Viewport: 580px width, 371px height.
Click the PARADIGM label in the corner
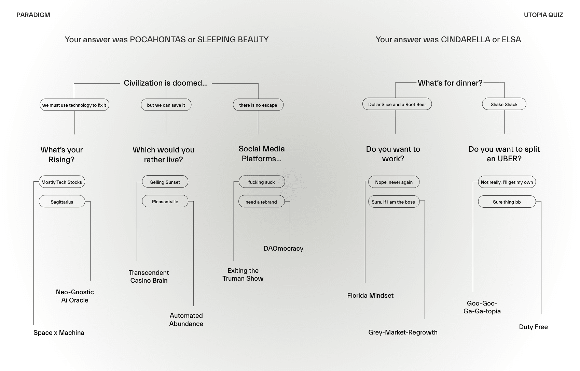(x=33, y=15)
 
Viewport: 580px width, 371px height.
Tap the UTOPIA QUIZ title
(x=543, y=15)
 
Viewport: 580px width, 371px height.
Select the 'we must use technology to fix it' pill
(x=74, y=105)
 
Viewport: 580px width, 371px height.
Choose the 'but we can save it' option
(x=166, y=105)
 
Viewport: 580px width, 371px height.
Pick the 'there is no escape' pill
(x=258, y=105)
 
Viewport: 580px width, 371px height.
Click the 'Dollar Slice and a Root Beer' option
(x=397, y=104)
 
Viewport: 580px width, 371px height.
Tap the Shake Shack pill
(x=504, y=104)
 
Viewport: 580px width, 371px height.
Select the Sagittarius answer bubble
(x=62, y=202)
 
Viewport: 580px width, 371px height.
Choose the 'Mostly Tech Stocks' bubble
(x=61, y=182)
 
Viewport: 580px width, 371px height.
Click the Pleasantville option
(x=165, y=202)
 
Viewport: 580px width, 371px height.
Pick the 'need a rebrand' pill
(x=261, y=202)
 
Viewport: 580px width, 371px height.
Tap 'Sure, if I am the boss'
(x=393, y=202)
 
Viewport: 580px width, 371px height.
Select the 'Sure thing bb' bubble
(x=507, y=202)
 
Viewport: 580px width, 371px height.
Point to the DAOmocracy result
(x=284, y=249)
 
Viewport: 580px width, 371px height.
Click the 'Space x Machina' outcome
(x=59, y=333)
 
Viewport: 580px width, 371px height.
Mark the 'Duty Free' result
(x=533, y=327)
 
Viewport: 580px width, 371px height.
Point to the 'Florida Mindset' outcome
(x=370, y=296)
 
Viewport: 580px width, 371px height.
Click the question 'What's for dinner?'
(x=450, y=83)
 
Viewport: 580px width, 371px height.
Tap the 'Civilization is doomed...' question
(x=166, y=83)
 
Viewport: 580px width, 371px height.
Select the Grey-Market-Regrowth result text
(x=403, y=332)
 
